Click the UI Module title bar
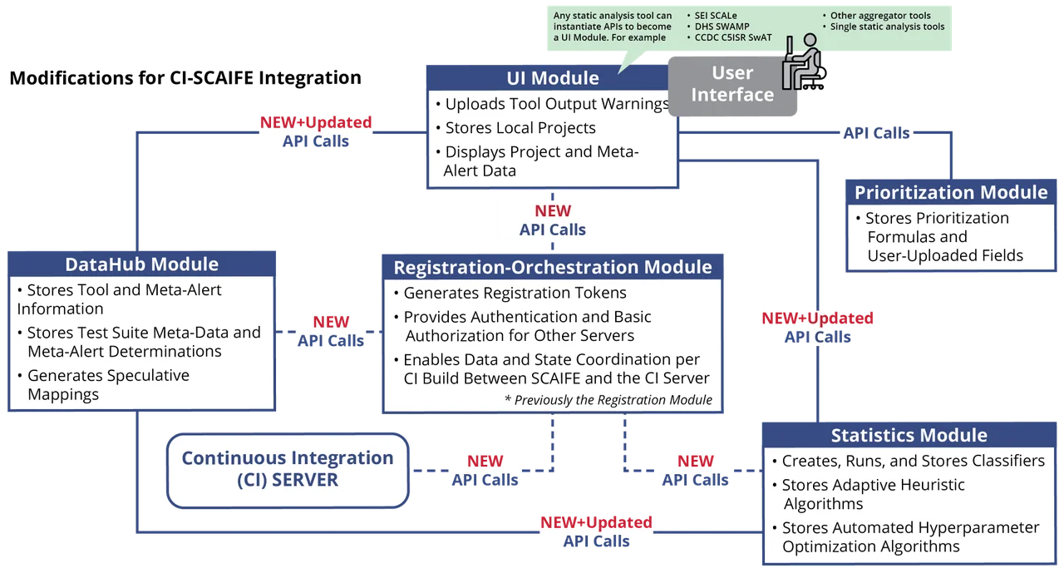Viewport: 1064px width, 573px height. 552,78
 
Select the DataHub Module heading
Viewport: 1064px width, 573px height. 141,264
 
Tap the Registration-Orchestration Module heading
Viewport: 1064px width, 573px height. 552,267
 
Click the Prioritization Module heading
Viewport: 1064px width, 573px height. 951,192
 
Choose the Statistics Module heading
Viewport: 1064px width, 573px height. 909,435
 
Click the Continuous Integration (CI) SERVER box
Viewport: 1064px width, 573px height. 288,468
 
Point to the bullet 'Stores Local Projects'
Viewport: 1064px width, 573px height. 520,128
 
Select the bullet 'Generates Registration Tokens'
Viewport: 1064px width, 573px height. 515,293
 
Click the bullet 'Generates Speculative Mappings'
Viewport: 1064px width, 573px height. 107,384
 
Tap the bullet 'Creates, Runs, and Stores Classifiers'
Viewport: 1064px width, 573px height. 913,461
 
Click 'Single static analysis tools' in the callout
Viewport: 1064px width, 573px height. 887,27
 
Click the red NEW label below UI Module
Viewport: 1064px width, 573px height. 552,211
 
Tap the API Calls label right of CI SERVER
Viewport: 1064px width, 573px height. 485,479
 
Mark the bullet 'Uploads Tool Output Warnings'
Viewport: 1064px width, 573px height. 556,104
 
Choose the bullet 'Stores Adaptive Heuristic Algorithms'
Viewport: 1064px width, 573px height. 873,494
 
